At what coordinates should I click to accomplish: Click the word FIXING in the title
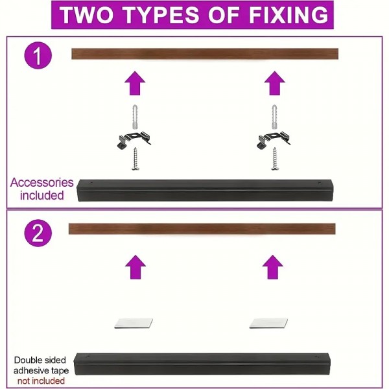coord(289,15)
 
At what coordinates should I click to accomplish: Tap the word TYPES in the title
coord(161,15)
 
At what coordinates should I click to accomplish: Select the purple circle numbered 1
coord(38,55)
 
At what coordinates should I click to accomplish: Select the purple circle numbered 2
coord(38,233)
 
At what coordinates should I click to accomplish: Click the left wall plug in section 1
coord(135,117)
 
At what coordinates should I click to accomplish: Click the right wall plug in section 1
coord(274,117)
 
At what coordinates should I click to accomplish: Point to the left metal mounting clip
coord(134,140)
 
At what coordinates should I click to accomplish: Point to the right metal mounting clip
coord(274,140)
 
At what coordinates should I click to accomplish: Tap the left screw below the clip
coord(136,159)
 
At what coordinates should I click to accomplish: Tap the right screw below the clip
coord(274,159)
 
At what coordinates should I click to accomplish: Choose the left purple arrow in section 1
coord(135,83)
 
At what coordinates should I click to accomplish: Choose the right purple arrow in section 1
coord(274,83)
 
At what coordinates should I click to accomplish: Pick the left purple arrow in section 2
coord(136,267)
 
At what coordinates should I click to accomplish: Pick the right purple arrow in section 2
coord(272,267)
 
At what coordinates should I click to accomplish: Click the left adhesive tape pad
coord(134,324)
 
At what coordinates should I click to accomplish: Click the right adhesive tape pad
coord(268,324)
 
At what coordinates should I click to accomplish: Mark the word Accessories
coord(41,183)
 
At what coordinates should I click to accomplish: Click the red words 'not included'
coord(41,381)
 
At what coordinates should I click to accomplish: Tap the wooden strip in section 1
coord(205,54)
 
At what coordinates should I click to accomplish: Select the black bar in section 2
coord(202,364)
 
